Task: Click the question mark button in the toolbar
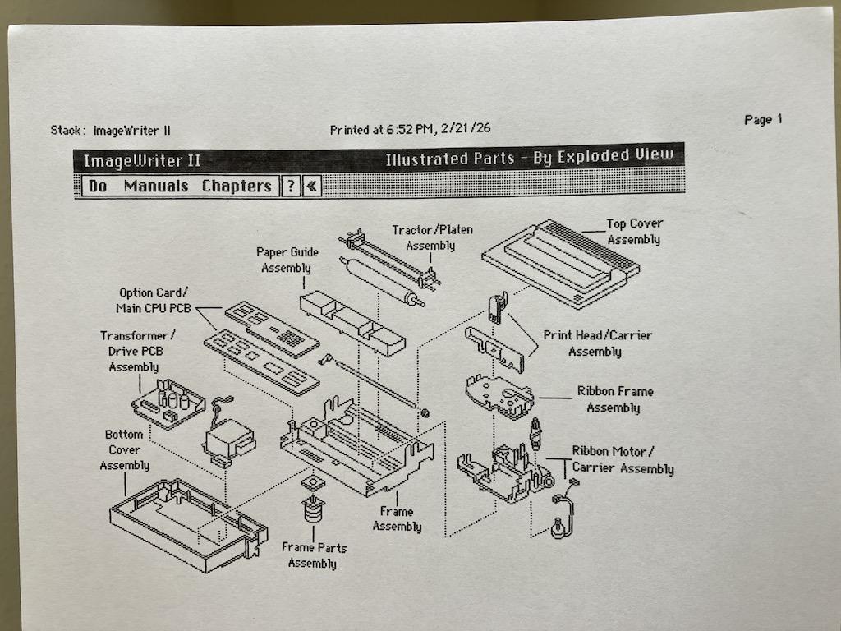pos(291,187)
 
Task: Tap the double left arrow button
pos(311,187)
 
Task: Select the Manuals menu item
pos(156,187)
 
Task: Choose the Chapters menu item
pos(237,187)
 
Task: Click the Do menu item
pos(98,187)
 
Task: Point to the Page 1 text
pos(763,120)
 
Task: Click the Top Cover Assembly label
pos(635,231)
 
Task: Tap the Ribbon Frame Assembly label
pos(615,399)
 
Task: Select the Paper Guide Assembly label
pos(287,260)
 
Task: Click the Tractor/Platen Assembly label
pos(432,237)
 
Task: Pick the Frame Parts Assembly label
pos(314,555)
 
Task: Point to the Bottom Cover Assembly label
pos(125,449)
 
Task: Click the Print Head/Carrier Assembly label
pos(597,343)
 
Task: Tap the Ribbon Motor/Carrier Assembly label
pos(623,460)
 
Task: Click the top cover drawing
pos(560,264)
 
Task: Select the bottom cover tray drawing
pos(188,524)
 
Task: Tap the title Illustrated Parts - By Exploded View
pos(530,157)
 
